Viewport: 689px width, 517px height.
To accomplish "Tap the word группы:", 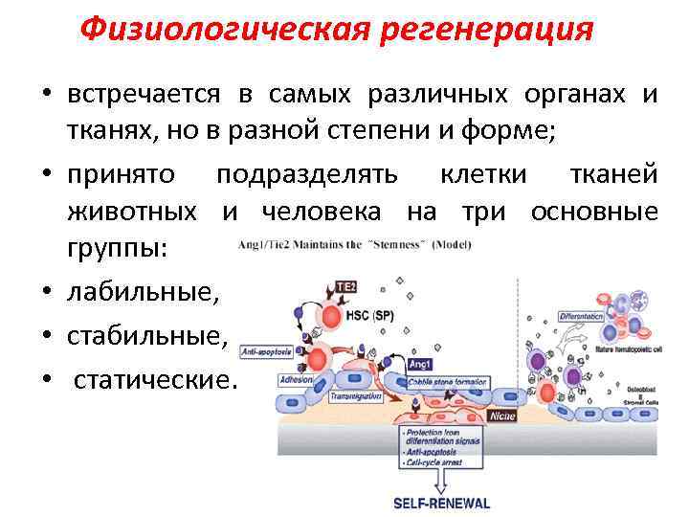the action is tap(117, 247).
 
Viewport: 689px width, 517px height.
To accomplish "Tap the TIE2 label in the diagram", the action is tap(347, 286).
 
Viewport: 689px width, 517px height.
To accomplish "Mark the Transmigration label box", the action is tap(355, 394).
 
